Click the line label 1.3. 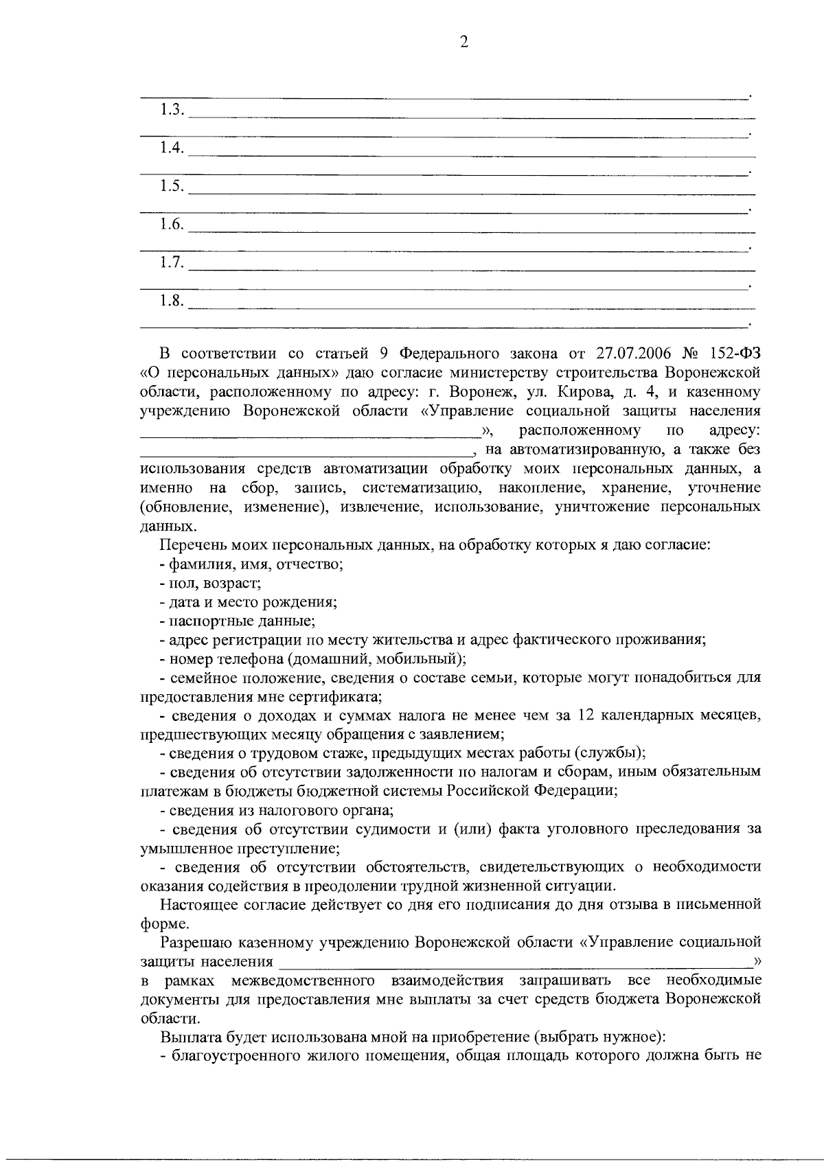click(172, 109)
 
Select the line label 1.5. click(172, 185)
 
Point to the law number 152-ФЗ click(733, 354)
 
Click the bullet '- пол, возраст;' click(209, 584)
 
